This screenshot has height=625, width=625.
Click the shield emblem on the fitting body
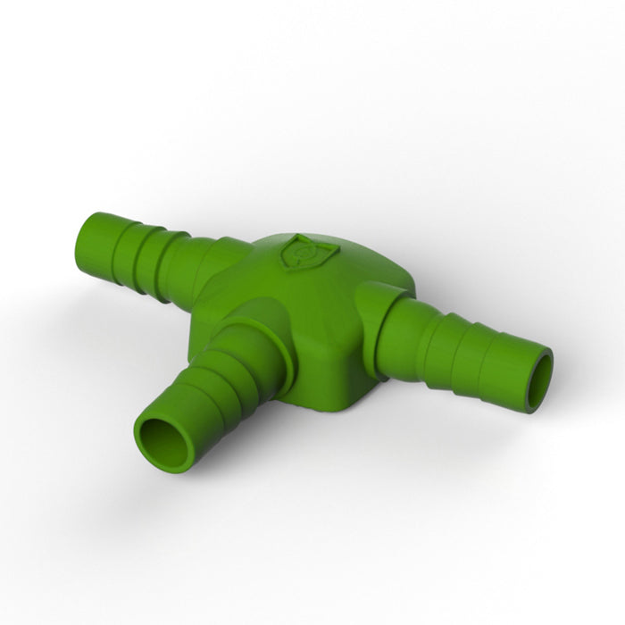click(x=300, y=251)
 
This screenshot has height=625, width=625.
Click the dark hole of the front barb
click(x=166, y=440)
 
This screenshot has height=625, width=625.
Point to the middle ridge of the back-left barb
click(x=143, y=239)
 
